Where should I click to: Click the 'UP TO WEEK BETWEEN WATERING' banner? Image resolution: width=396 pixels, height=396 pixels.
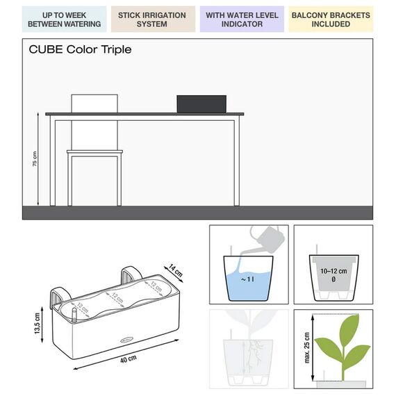[65, 19]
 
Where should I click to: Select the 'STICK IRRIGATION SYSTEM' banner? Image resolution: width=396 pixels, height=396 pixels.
[152, 19]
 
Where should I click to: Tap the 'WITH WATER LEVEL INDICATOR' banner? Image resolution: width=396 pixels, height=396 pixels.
[242, 19]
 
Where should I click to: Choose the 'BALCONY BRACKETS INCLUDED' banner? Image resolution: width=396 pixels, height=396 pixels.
[331, 19]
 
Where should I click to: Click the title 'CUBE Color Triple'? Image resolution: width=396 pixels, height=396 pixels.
[80, 50]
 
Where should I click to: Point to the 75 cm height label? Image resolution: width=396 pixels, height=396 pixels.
[35, 159]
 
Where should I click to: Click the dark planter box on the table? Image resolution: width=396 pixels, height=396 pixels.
[202, 104]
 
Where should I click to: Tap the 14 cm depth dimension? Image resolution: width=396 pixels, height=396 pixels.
[176, 270]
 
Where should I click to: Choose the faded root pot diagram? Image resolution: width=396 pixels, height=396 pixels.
[248, 351]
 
